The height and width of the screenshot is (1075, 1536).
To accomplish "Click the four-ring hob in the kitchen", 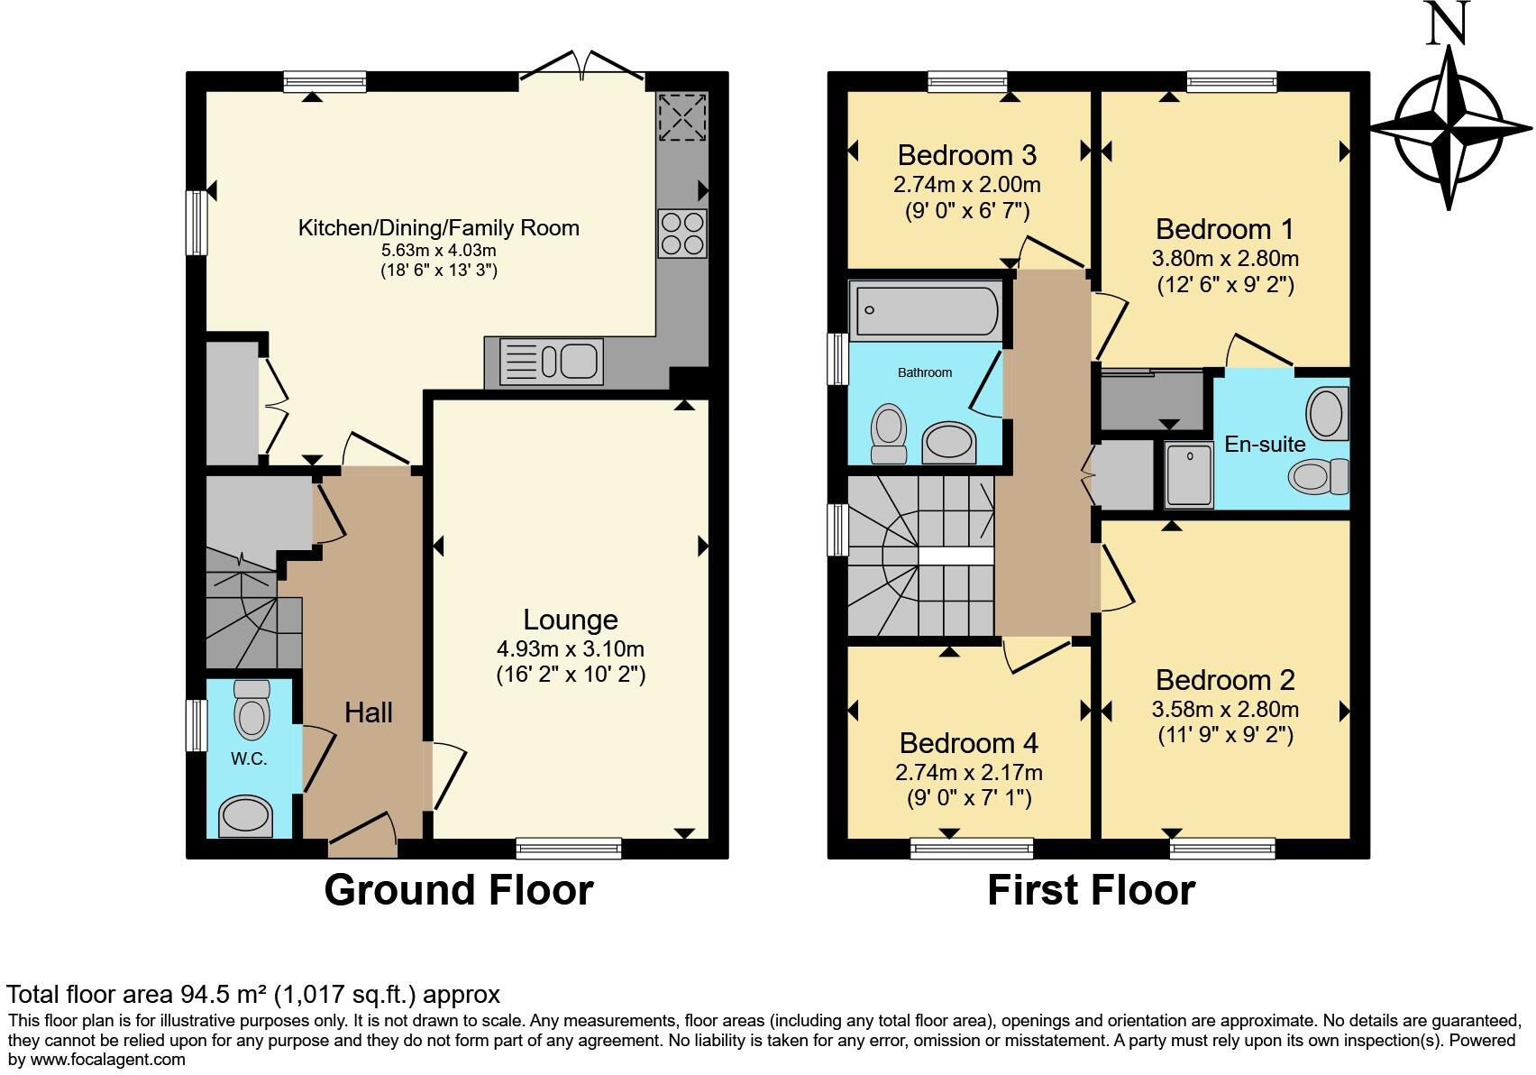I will coord(682,233).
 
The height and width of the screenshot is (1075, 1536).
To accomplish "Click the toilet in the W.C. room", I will coord(251,709).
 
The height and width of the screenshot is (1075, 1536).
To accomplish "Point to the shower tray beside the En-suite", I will coord(1189,474).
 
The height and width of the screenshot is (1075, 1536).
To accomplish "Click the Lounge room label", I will coord(571,620).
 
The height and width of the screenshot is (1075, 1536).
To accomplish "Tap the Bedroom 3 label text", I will coord(967,155).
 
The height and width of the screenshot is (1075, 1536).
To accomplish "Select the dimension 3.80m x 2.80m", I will coord(1225,259).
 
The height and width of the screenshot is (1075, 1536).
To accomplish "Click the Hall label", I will coord(368,712).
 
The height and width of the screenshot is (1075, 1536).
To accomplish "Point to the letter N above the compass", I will coord(1449,23).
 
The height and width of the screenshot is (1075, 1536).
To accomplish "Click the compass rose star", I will coord(1450,128).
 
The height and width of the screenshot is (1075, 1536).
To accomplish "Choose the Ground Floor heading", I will coord(458,889).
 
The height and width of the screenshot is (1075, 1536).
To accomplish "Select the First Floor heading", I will coord(1091,889).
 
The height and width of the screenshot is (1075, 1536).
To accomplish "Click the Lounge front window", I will coord(569,848).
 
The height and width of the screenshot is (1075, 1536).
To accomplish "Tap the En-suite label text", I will coord(1265,444).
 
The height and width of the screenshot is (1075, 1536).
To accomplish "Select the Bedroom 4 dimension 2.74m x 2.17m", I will coord(969,773).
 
